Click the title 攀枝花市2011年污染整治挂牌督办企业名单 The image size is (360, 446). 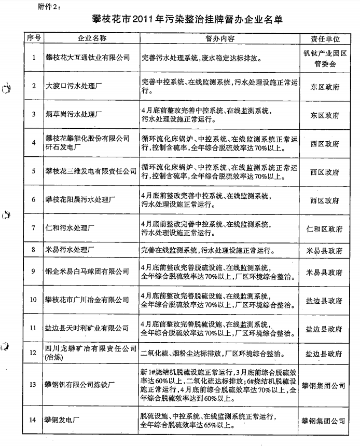point(191,20)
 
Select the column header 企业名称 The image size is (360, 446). point(91,39)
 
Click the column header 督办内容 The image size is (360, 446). point(220,39)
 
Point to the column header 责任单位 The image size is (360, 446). point(325,39)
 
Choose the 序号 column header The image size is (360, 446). point(34,39)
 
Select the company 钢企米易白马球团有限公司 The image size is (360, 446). point(87,272)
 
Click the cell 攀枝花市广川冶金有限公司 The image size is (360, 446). point(87,300)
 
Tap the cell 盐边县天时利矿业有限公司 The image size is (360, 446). point(87,329)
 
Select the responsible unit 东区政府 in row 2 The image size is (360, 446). point(325,87)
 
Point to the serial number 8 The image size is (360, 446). point(33,250)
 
